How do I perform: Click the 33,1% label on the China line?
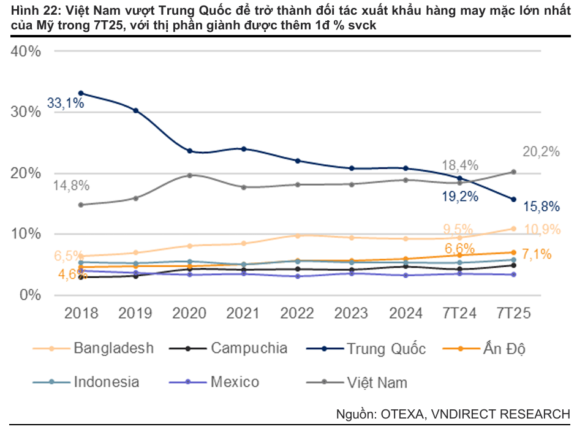[66, 104]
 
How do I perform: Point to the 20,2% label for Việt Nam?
[542, 152]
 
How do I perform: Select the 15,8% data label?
[542, 207]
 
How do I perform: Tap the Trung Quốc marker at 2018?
[81, 93]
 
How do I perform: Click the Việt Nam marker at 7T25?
[513, 172]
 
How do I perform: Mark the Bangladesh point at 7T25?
[513, 229]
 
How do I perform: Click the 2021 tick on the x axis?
[244, 313]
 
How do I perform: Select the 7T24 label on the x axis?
[459, 313]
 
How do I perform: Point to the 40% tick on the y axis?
[26, 51]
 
